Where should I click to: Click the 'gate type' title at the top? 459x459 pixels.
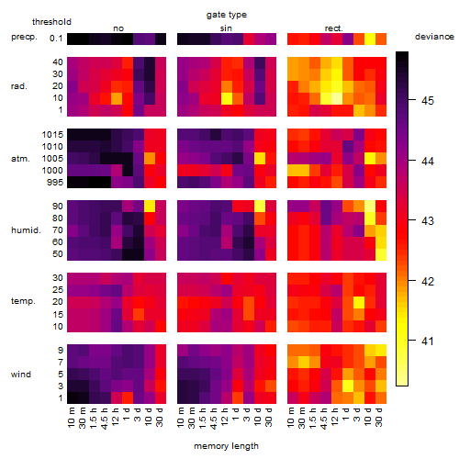coord(227,15)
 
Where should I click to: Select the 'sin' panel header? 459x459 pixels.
coord(226,28)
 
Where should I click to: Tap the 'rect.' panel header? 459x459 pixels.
coord(334,28)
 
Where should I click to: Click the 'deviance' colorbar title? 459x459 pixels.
coord(434,37)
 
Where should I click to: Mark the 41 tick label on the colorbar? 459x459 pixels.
coord(428,341)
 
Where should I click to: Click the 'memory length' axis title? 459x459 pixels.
coord(227,446)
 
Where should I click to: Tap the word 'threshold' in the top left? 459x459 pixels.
coord(51,22)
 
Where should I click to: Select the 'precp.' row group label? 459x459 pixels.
coord(24,37)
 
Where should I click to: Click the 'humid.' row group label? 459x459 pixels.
coord(26,230)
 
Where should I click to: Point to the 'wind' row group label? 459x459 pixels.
coord(21,375)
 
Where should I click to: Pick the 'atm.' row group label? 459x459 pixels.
coord(20,159)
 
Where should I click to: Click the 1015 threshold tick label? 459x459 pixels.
coord(52,135)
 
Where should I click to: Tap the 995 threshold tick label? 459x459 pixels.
coord(55,183)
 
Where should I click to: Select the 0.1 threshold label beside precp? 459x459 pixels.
coord(56,39)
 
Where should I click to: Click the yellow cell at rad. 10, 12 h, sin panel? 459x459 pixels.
coord(227,98)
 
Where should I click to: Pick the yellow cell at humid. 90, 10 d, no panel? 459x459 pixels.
coord(150,207)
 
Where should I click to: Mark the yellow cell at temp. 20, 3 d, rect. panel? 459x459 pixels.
coord(359,302)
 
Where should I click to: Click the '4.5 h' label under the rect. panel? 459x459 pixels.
coord(324,419)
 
